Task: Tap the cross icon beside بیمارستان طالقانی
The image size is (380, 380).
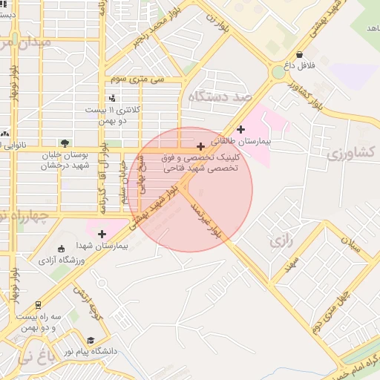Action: [240, 129]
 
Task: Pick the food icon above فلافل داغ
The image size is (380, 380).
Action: [299, 54]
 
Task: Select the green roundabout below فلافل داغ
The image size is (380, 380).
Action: [279, 72]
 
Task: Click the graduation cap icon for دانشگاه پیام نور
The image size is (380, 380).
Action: [91, 341]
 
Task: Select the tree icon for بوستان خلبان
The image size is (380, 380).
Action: [65, 143]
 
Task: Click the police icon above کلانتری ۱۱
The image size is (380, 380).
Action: [112, 98]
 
